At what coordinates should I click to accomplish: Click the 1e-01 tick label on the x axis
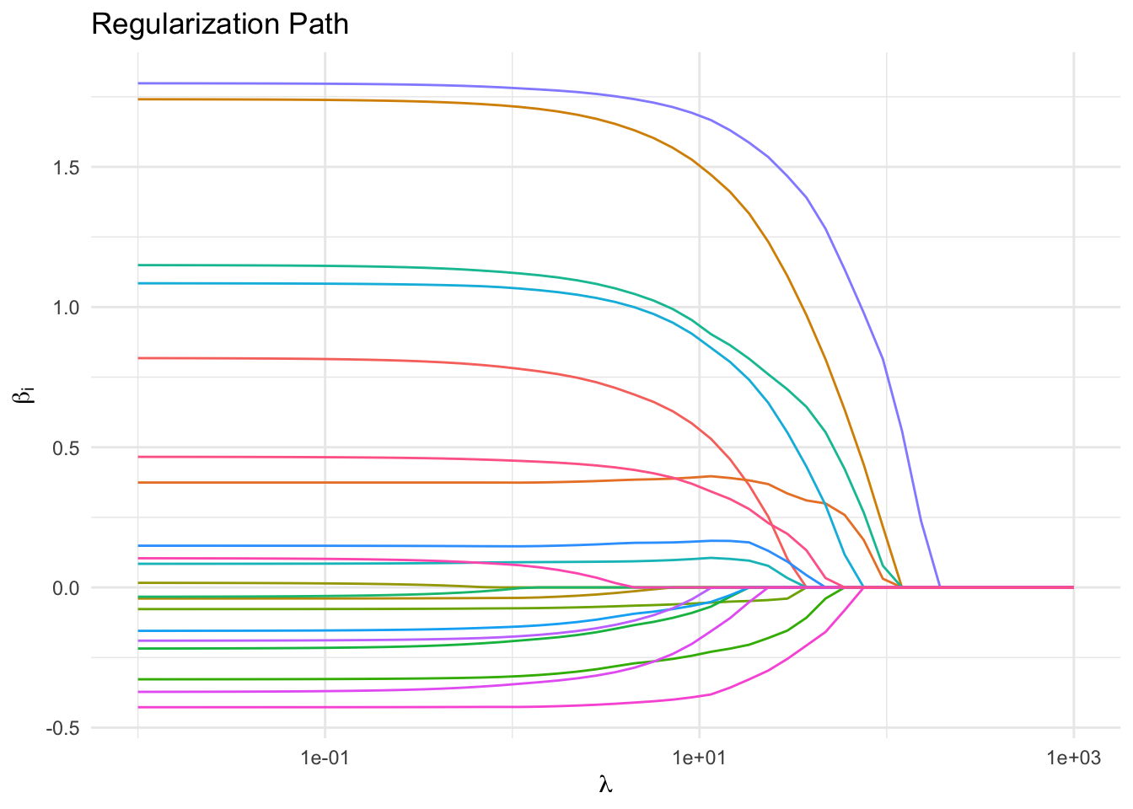click(x=325, y=758)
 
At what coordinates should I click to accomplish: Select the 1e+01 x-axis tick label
click(x=699, y=758)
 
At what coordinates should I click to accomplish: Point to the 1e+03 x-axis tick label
click(x=1073, y=758)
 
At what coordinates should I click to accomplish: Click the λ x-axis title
click(x=605, y=786)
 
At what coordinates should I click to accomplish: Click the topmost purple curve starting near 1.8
click(x=337, y=83)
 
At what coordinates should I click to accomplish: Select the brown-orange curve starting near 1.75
click(x=337, y=100)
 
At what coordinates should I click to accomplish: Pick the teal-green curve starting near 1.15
click(x=337, y=266)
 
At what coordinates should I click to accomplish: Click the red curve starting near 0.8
click(x=337, y=359)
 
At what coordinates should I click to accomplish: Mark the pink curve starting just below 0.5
click(x=337, y=457)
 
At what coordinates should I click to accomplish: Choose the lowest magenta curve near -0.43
click(x=337, y=707)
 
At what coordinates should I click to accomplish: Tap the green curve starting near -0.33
click(x=337, y=678)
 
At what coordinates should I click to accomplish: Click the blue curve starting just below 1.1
click(x=337, y=284)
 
